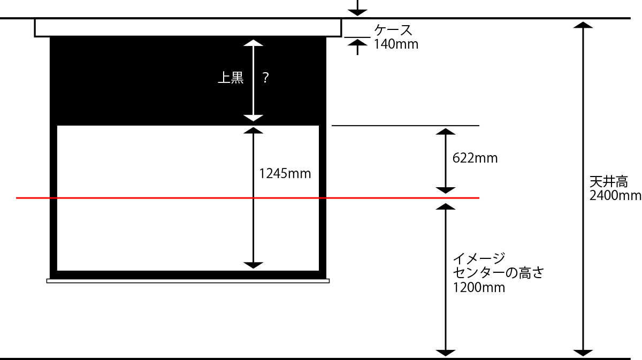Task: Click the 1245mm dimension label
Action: pyautogui.click(x=285, y=174)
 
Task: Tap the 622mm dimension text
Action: pyautogui.click(x=475, y=158)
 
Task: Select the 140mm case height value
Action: pyautogui.click(x=396, y=44)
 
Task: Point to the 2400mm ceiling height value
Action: pyautogui.click(x=615, y=195)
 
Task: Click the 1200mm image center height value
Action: pyautogui.click(x=479, y=287)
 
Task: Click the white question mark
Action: pyautogui.click(x=266, y=78)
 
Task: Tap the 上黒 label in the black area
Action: pyautogui.click(x=231, y=78)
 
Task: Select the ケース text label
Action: pyautogui.click(x=393, y=30)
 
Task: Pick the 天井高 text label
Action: pyautogui.click(x=608, y=181)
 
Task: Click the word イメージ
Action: pyautogui.click(x=479, y=258)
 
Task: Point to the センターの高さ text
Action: pyautogui.click(x=498, y=273)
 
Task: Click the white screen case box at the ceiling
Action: pyautogui.click(x=188, y=28)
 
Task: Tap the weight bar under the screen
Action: pyautogui.click(x=188, y=281)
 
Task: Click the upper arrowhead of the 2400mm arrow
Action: pyautogui.click(x=583, y=25)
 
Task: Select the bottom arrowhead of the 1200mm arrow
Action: pyautogui.click(x=446, y=353)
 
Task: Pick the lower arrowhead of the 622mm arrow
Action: pyautogui.click(x=446, y=190)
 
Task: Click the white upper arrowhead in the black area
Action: pyautogui.click(x=254, y=43)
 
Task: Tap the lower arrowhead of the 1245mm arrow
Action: pyautogui.click(x=254, y=265)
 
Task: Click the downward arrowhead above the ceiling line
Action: pyautogui.click(x=357, y=13)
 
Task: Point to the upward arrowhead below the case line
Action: pyautogui.click(x=357, y=43)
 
